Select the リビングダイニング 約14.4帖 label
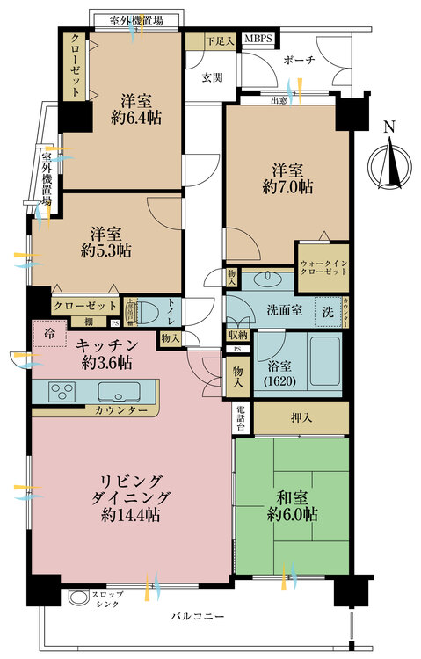(x=129, y=498)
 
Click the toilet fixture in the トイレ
(x=149, y=312)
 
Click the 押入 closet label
(x=300, y=418)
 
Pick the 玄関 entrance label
(x=212, y=76)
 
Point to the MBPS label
(x=258, y=40)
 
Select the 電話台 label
(x=243, y=418)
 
